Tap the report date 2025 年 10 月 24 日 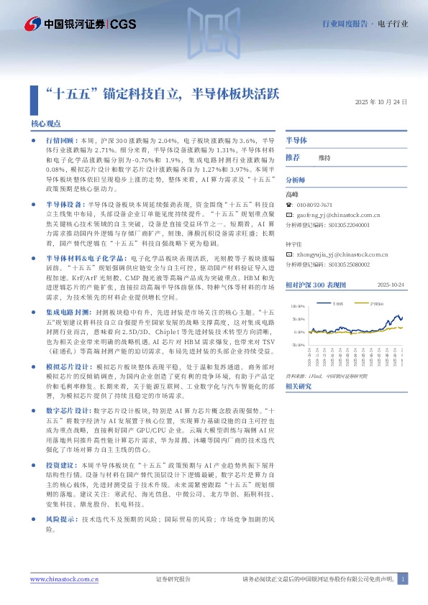click(381, 102)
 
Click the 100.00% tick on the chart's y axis click(298, 306)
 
